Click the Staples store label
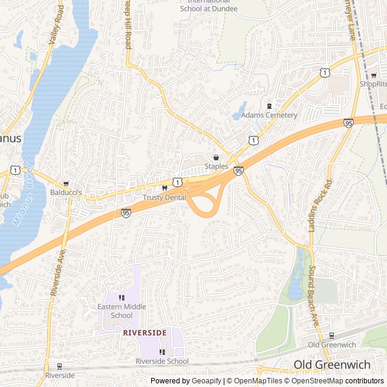tap(216, 166)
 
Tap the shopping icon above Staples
tap(216, 157)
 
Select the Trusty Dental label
tap(164, 197)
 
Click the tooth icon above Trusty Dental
tap(164, 188)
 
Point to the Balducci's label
tap(82, 192)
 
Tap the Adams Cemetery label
tap(269, 115)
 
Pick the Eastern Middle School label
tap(122, 311)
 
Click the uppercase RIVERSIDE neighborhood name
tap(145, 333)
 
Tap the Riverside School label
tap(162, 361)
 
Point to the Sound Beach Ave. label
tap(314, 296)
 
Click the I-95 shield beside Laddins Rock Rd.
tap(348, 123)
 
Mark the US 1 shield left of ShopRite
tap(325, 73)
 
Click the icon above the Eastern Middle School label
tap(122, 298)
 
